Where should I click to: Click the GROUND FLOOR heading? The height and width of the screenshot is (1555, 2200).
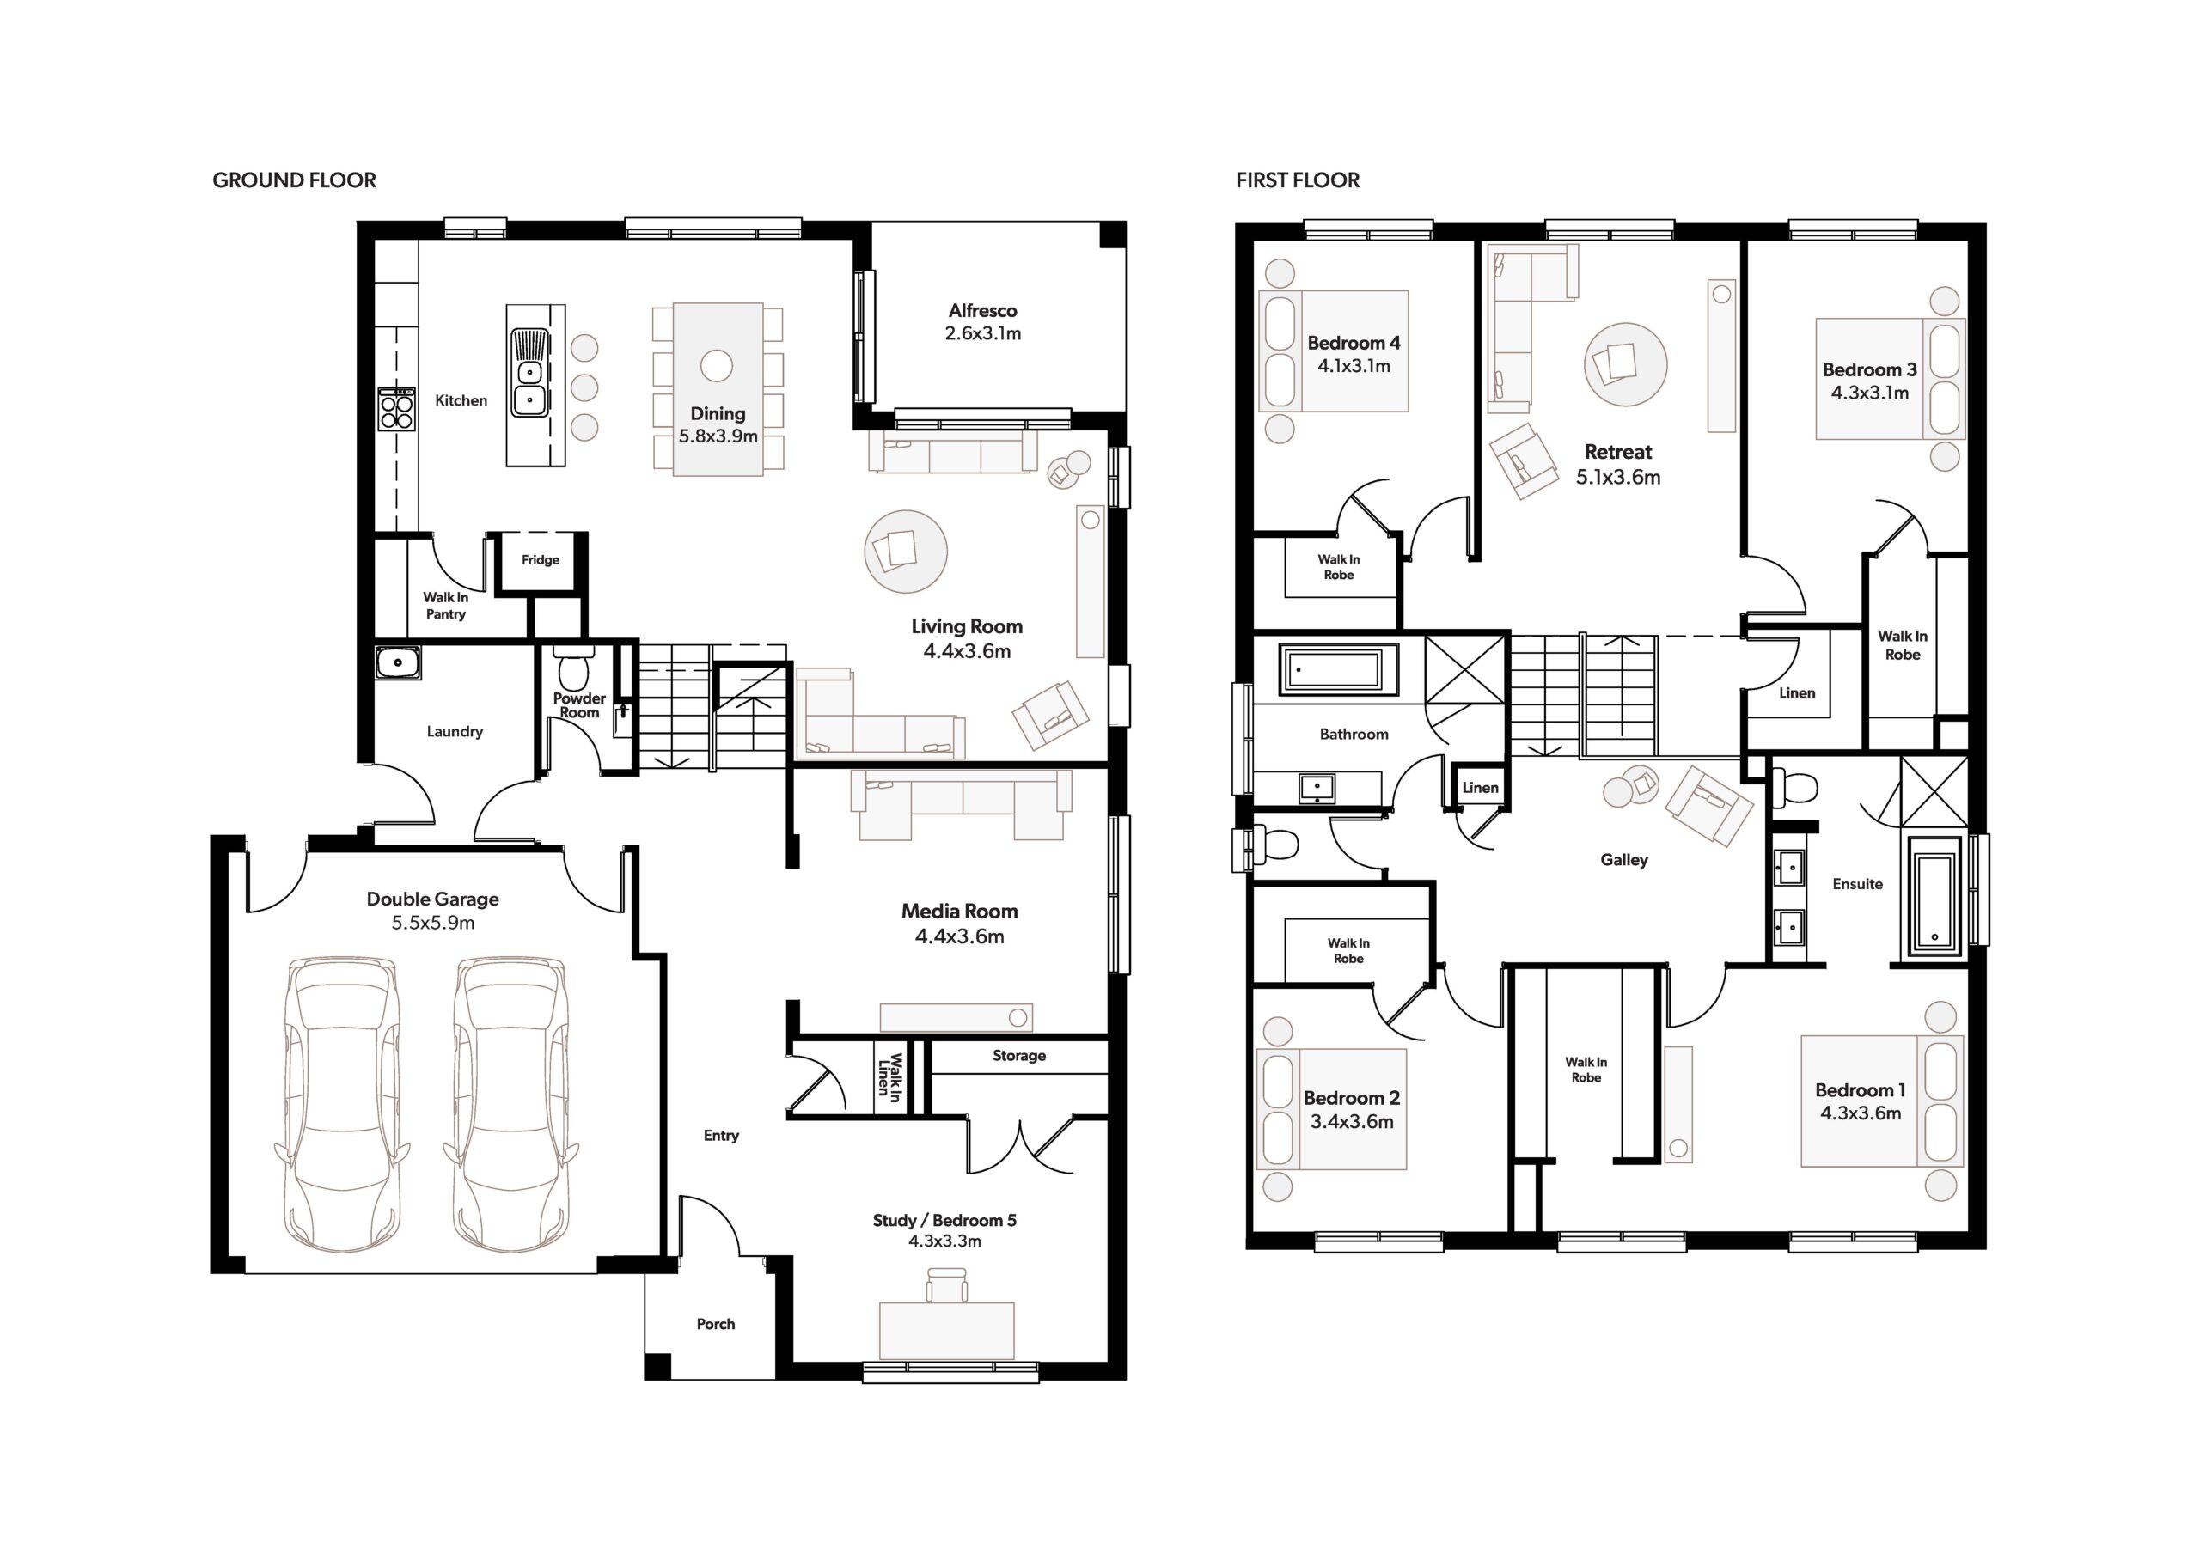(294, 180)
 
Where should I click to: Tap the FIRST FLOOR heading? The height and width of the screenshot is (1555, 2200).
(1298, 180)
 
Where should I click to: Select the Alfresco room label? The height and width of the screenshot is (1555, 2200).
(983, 310)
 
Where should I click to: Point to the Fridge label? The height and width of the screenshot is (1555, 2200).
(541, 559)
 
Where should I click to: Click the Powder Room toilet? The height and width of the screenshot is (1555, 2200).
(575, 668)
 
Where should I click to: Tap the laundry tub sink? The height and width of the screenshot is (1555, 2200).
(398, 663)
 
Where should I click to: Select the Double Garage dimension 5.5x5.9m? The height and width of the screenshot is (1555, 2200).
(433, 923)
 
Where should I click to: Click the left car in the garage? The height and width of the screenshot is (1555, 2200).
(342, 1104)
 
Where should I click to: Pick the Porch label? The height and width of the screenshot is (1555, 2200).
(716, 1324)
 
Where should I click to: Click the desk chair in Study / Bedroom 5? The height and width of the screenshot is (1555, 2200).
(947, 1284)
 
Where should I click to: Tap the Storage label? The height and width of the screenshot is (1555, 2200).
(1018, 1056)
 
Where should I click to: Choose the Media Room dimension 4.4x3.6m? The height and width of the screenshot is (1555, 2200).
(960, 936)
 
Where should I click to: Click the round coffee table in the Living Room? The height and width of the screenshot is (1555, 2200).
(906, 551)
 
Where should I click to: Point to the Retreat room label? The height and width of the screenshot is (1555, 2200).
(1618, 451)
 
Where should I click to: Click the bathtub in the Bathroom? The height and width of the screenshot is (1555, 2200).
(1339, 668)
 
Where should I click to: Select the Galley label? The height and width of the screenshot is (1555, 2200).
(1624, 860)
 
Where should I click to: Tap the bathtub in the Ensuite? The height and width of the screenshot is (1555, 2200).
(1935, 896)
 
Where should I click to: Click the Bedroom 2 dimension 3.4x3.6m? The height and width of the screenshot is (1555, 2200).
(1352, 1122)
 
